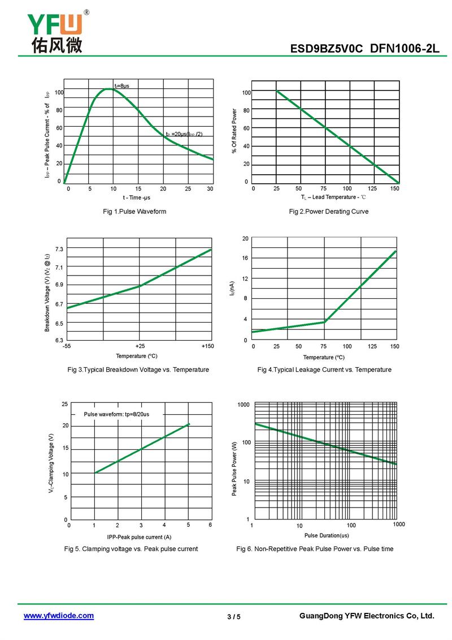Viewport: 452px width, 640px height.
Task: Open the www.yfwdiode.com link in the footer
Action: [59, 616]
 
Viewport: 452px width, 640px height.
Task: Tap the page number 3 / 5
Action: [233, 616]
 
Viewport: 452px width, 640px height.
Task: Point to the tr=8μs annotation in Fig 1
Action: [121, 85]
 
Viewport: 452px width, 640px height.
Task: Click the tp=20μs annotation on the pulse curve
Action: [184, 134]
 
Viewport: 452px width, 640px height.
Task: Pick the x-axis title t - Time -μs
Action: [137, 197]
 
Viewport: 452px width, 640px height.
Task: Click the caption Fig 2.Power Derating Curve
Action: [328, 212]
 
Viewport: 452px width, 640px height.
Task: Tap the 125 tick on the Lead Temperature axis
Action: [372, 188]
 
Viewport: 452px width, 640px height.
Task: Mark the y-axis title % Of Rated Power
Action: [234, 131]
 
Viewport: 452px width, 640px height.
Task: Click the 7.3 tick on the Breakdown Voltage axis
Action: [59, 250]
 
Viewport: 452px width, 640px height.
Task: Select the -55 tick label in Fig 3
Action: [67, 346]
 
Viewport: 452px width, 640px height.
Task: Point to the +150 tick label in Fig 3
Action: [207, 346]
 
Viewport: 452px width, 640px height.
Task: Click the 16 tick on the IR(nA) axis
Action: [245, 258]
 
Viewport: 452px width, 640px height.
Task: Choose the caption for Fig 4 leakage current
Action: [324, 370]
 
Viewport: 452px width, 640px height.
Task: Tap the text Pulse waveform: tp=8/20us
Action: [117, 414]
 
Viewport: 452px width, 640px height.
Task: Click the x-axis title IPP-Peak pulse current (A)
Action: [139, 536]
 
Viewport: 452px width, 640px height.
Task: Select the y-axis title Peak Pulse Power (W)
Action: [234, 470]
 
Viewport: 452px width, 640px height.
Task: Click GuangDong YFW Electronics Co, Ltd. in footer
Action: [366, 616]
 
